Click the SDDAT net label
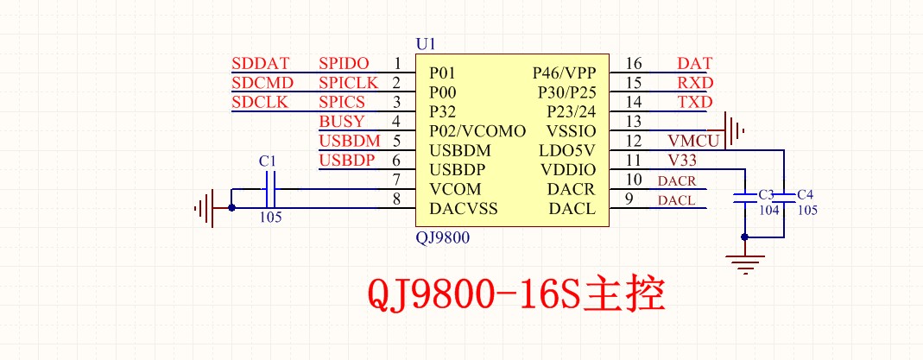coord(261,64)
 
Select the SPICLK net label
coord(349,83)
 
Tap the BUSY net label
coord(342,122)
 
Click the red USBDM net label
coord(350,141)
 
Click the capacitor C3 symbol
coord(744,199)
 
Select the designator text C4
coord(806,194)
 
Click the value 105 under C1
coord(270,218)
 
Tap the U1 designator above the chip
coord(426,44)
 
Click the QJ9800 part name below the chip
coord(442,238)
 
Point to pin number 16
coord(634,63)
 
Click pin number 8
coord(396,199)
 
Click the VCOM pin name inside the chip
coord(455,189)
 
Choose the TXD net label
coord(695,102)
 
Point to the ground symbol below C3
coord(744,260)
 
